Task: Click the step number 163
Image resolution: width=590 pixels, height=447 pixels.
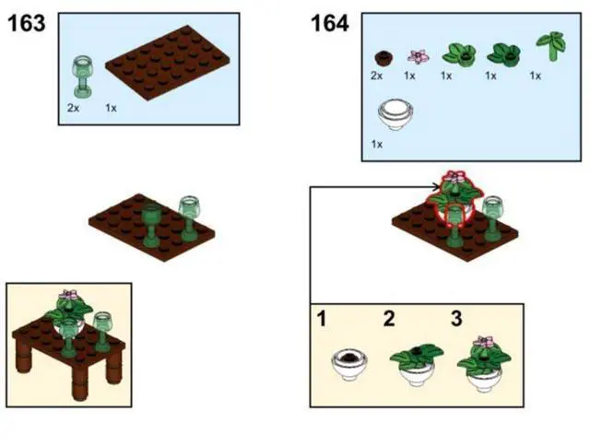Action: pyautogui.click(x=27, y=23)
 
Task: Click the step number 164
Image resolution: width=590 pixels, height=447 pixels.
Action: pyautogui.click(x=330, y=23)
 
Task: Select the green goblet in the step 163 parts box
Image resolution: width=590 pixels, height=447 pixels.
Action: pyautogui.click(x=82, y=77)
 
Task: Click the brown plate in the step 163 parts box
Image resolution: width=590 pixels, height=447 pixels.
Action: pyautogui.click(x=168, y=63)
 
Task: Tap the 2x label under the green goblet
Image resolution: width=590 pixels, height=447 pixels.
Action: pyautogui.click(x=74, y=109)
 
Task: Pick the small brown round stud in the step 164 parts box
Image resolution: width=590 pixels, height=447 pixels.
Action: pyautogui.click(x=383, y=58)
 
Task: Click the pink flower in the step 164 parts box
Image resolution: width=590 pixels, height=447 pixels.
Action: pyautogui.click(x=418, y=56)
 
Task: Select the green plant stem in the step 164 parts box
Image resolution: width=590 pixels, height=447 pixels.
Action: pyautogui.click(x=551, y=46)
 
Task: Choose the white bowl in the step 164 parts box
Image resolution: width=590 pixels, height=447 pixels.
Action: pyautogui.click(x=395, y=114)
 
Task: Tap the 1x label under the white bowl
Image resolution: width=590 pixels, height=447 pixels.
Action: pyautogui.click(x=377, y=144)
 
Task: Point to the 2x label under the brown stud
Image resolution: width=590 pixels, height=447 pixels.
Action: pyautogui.click(x=376, y=76)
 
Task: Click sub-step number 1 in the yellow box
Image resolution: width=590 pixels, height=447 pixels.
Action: pyautogui.click(x=322, y=319)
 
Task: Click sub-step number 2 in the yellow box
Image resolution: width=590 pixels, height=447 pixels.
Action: pyautogui.click(x=389, y=319)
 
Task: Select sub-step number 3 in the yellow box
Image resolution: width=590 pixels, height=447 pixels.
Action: pyautogui.click(x=456, y=319)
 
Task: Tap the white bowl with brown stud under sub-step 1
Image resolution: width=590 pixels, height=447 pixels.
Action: pyautogui.click(x=349, y=364)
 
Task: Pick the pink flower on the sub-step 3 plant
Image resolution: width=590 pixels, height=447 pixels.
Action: pyautogui.click(x=484, y=342)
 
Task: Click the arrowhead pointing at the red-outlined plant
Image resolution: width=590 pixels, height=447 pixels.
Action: pyautogui.click(x=436, y=186)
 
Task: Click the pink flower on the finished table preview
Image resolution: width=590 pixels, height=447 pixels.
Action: pyautogui.click(x=68, y=295)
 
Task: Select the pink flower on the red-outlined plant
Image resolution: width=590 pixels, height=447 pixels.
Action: pyautogui.click(x=455, y=177)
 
